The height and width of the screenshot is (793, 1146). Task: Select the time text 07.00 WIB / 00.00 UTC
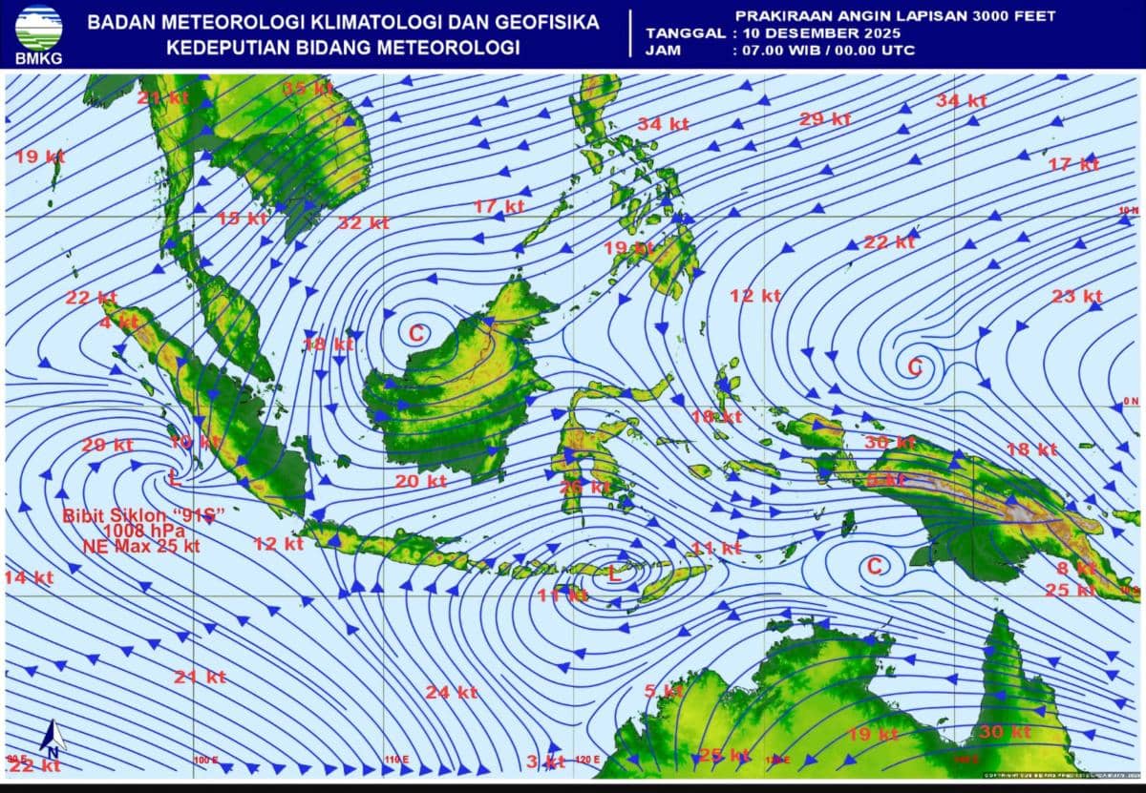click(x=823, y=50)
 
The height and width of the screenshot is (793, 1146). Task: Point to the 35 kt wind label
click(x=307, y=89)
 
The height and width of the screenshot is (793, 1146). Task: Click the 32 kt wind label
click(x=363, y=223)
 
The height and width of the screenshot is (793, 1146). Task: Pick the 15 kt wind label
click(x=242, y=219)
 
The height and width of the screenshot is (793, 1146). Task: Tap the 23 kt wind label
click(x=1076, y=296)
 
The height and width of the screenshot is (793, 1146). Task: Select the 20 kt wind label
click(x=420, y=482)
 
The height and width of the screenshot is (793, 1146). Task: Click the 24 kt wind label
click(x=451, y=692)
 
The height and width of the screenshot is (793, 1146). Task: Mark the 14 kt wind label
click(x=29, y=577)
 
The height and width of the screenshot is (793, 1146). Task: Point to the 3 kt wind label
click(x=545, y=761)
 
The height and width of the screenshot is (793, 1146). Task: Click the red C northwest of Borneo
click(x=416, y=333)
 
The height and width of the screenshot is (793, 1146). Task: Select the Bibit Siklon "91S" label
click(x=143, y=515)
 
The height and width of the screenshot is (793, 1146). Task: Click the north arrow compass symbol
click(x=53, y=738)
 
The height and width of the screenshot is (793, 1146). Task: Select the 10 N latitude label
click(x=1129, y=210)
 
